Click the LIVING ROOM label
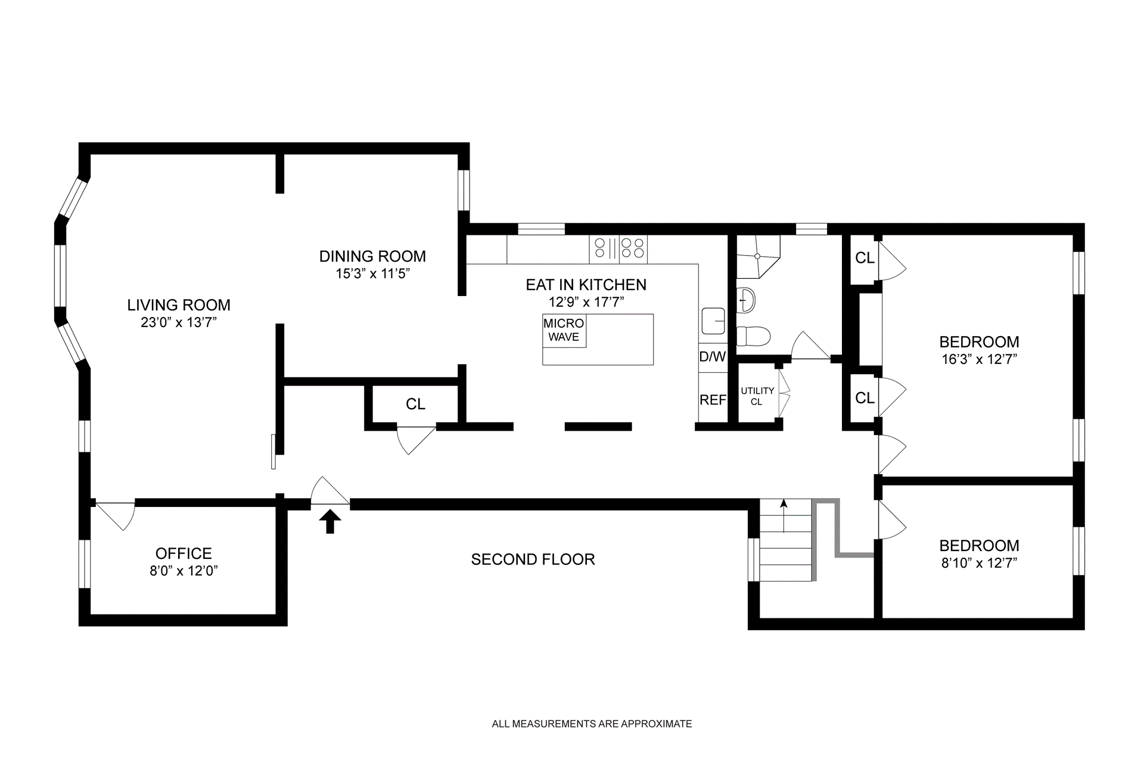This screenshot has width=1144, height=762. tap(179, 305)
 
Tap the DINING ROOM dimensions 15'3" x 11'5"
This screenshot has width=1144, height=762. tap(373, 273)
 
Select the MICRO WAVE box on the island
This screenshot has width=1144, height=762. tap(564, 331)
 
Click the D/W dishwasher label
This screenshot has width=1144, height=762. tap(713, 357)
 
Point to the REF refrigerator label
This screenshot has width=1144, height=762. tap(713, 400)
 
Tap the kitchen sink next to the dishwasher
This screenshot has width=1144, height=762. tap(713, 321)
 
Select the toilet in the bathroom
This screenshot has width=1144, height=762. tap(754, 336)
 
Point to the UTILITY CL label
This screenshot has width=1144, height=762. tap(757, 396)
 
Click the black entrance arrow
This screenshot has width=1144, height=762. tap(330, 521)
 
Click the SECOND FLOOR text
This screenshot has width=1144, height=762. tap(533, 559)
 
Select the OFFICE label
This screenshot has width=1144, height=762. tap(184, 553)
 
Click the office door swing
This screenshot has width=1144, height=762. tap(116, 516)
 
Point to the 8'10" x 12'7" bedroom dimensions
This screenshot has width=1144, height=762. tap(979, 563)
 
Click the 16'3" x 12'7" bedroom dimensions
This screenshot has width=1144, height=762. tap(979, 359)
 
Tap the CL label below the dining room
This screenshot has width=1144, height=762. tap(415, 404)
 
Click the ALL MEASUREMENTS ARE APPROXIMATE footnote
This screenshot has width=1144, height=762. tap(592, 724)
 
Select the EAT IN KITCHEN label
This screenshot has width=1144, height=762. tap(586, 285)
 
